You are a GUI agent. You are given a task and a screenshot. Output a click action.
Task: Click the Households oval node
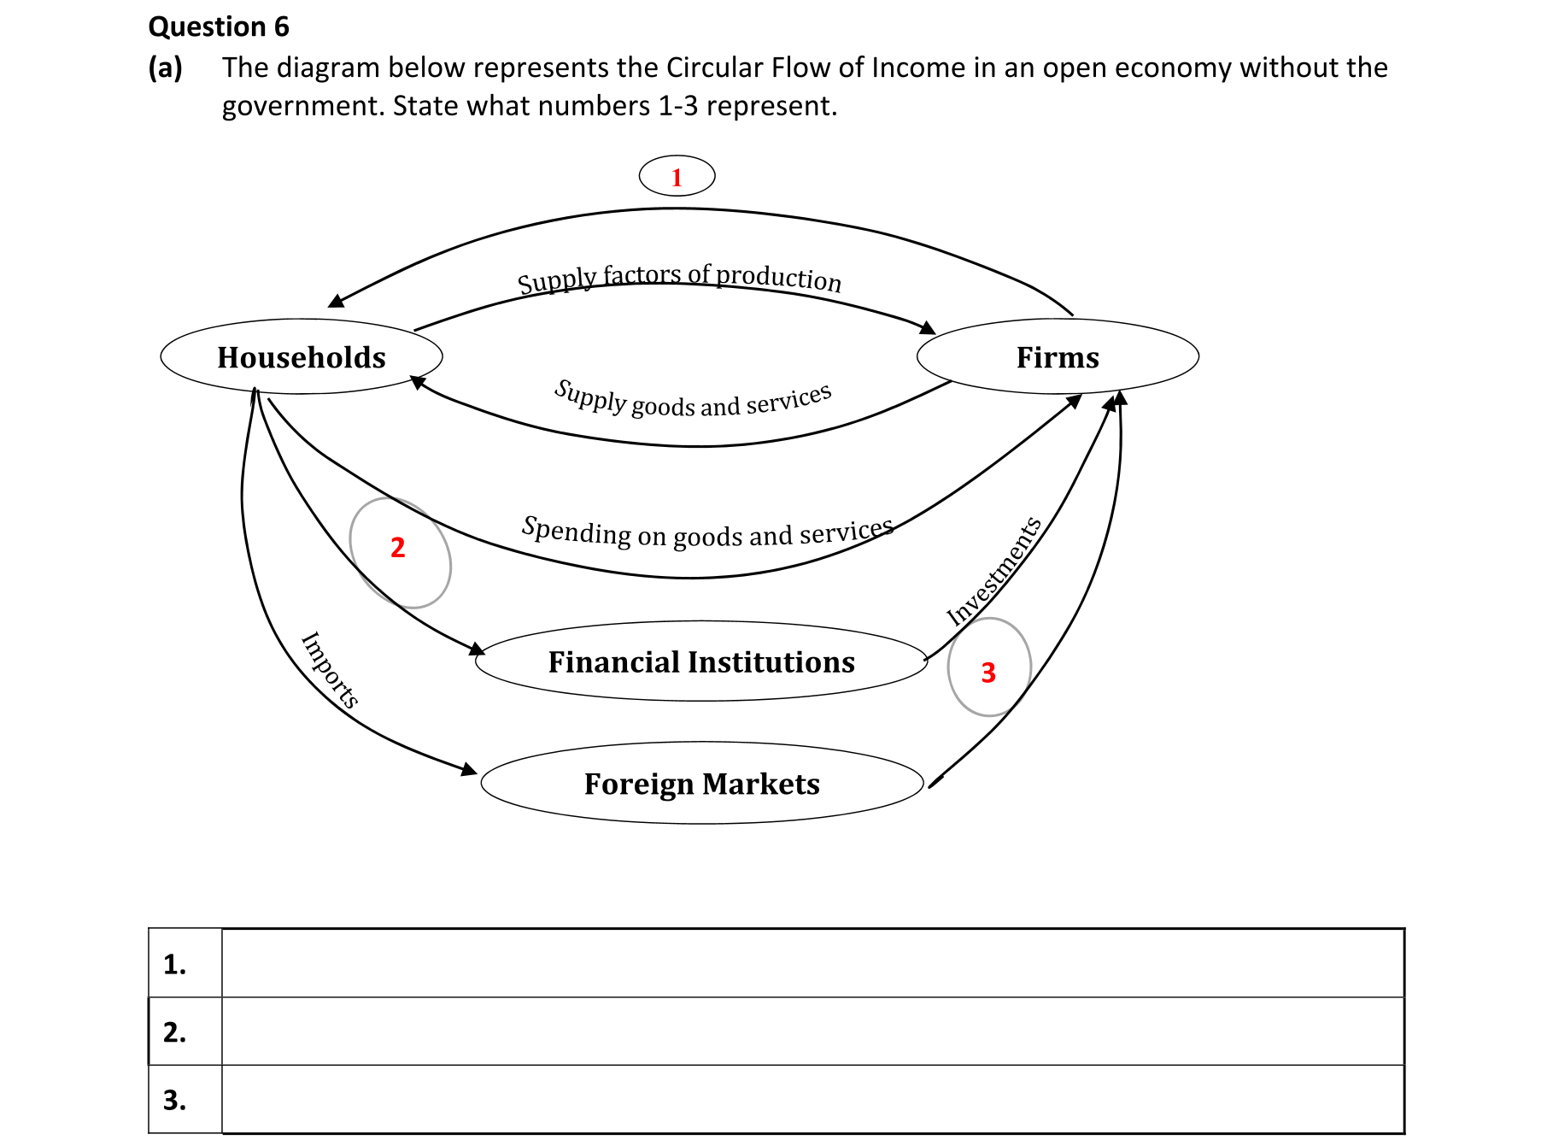point(302,357)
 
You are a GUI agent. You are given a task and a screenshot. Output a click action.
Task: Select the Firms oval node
point(1058,357)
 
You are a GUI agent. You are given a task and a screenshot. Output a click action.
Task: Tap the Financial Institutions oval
point(701,662)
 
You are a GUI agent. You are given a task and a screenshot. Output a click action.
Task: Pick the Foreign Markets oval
point(701,784)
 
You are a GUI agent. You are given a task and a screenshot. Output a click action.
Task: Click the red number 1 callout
point(677,177)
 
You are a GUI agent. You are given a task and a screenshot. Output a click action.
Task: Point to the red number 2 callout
point(398,548)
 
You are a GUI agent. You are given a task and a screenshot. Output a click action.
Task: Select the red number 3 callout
point(988,673)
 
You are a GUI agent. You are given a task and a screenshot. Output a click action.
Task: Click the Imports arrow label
point(330,669)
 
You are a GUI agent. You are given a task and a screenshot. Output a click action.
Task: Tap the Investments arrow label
point(994,570)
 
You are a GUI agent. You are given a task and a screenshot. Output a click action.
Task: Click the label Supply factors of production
point(679,278)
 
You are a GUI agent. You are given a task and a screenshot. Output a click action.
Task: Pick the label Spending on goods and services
point(707,532)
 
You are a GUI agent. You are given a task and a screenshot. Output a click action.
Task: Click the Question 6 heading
point(219,27)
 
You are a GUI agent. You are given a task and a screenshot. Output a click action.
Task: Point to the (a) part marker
point(165,68)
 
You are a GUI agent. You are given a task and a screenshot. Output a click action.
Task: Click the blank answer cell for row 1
point(812,963)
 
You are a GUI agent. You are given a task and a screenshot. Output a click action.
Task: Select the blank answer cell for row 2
point(812,1031)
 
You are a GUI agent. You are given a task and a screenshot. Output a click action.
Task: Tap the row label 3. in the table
point(175,1100)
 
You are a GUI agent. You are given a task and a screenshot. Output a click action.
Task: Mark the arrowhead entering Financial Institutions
point(477,649)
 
